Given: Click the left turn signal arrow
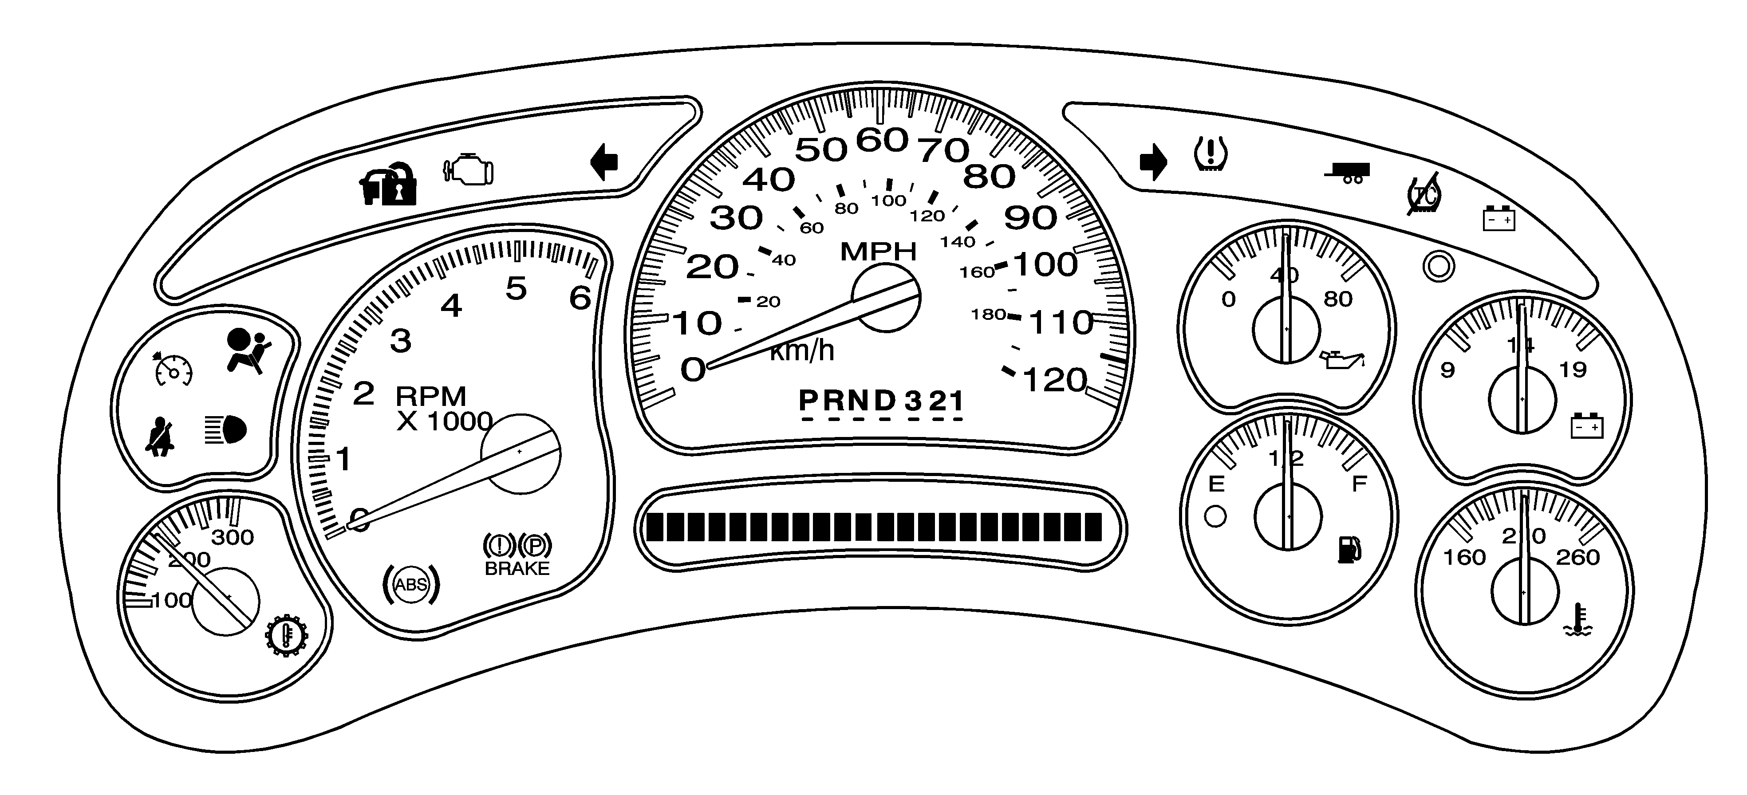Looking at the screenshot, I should tap(604, 162).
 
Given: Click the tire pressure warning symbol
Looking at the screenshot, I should tap(1211, 154).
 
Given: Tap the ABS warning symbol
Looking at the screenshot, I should tap(411, 584).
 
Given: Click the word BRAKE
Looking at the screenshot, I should tap(517, 569).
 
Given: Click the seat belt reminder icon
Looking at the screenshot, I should tap(161, 437).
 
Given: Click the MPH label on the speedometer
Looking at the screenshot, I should tap(878, 252).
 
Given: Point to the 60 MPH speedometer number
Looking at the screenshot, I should tap(882, 140).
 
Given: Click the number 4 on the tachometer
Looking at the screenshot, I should tap(452, 307).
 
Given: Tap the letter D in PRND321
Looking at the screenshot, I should tap(884, 401).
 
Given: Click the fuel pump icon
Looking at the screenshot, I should tap(1349, 549).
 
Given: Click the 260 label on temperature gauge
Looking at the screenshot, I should tap(1577, 557).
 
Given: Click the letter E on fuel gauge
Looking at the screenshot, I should tap(1217, 484).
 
